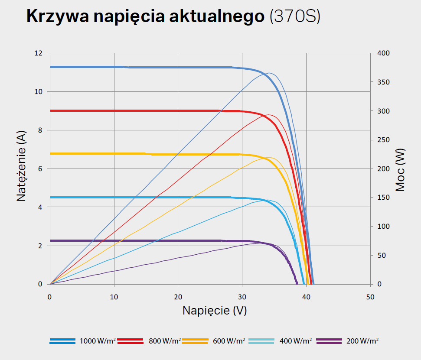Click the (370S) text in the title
[295, 16]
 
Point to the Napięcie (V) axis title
[215, 311]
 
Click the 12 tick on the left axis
[39, 53]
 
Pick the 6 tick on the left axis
[41, 169]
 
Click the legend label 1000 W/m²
[98, 341]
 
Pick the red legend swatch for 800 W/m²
[131, 341]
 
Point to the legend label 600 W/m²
[229, 341]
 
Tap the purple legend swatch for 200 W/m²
[330, 341]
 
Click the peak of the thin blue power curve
[269, 73]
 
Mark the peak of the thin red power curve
[269, 115]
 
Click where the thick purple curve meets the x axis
[297, 284]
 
